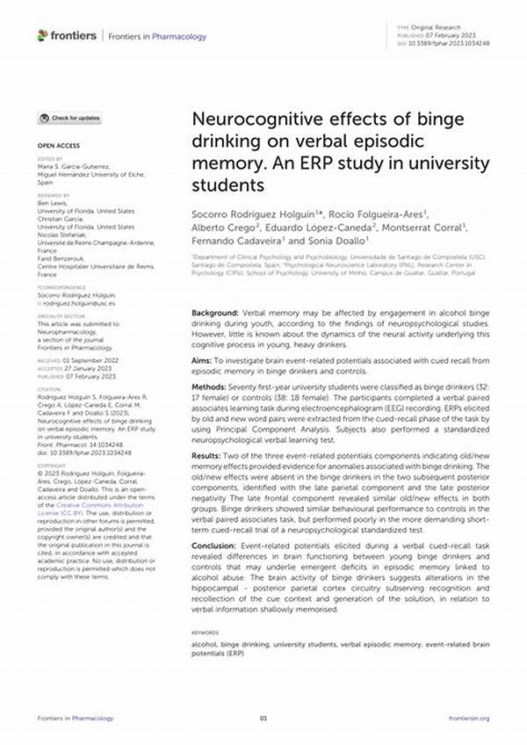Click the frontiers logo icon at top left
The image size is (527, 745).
[x=43, y=35]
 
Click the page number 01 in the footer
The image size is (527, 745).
[x=263, y=718]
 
